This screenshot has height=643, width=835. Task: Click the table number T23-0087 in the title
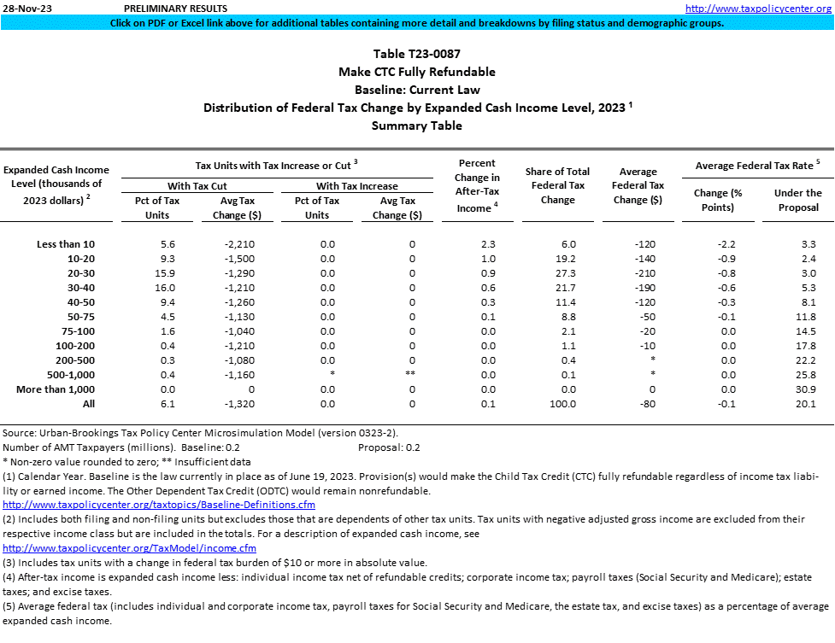[x=417, y=54]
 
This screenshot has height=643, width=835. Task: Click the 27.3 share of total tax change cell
[x=557, y=273]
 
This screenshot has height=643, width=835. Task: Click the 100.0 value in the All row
[x=557, y=404]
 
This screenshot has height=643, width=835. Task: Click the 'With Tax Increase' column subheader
[x=357, y=185]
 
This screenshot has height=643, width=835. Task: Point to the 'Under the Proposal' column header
[x=797, y=200]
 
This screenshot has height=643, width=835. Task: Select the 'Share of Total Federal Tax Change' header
[x=557, y=185]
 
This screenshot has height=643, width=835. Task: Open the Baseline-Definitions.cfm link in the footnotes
[x=159, y=505]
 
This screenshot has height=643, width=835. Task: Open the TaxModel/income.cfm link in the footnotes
[x=130, y=548]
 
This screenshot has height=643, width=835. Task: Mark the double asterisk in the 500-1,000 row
[x=412, y=375]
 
